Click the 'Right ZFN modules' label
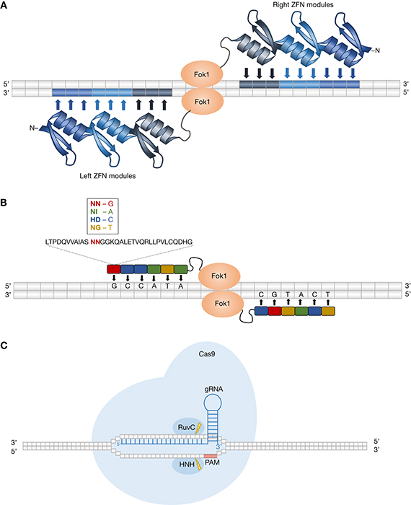(x=303, y=5)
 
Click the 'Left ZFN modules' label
(x=107, y=176)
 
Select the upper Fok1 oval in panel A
(x=202, y=74)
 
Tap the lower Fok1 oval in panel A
(x=202, y=102)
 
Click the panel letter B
(x=4, y=203)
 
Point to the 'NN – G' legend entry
(x=102, y=204)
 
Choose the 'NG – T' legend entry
(x=102, y=228)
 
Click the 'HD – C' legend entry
(x=102, y=219)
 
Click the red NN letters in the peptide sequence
(x=95, y=242)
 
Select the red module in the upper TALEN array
(x=114, y=269)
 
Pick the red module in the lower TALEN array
(x=275, y=311)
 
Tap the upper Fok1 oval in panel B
(x=219, y=276)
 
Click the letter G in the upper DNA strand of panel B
(x=114, y=286)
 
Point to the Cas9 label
(x=207, y=354)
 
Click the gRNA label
(x=213, y=389)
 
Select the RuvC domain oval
(x=188, y=428)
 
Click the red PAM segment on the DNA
(x=211, y=456)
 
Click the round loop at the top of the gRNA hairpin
(x=213, y=403)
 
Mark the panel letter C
(x=4, y=346)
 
